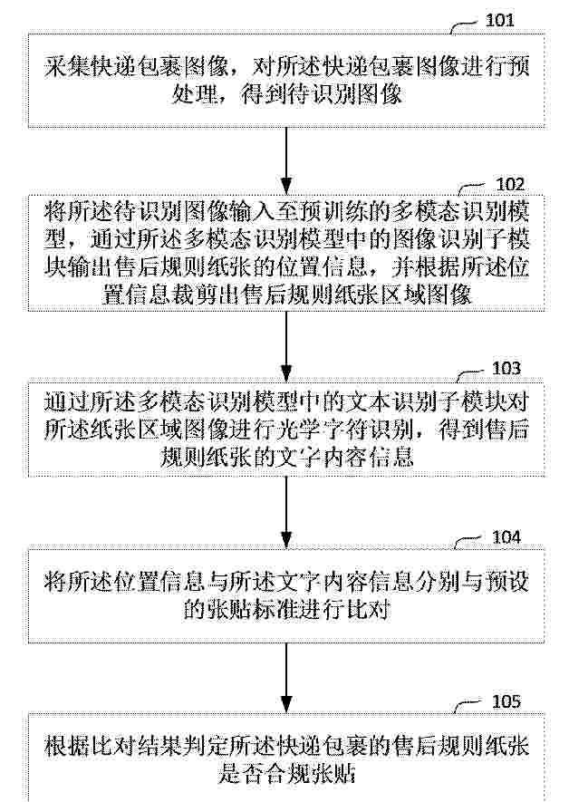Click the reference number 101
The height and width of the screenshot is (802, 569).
pyautogui.click(x=499, y=20)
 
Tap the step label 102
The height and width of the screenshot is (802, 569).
pyautogui.click(x=510, y=184)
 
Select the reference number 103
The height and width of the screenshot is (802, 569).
pyautogui.click(x=506, y=368)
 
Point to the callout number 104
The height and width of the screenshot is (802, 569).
pyautogui.click(x=506, y=537)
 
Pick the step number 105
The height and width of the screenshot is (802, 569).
pyautogui.click(x=506, y=701)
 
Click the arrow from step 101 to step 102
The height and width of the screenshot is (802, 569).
pyautogui.click(x=286, y=160)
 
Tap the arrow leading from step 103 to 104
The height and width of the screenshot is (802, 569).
pyautogui.click(x=286, y=513)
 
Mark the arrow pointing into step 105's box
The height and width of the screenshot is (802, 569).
pyautogui.click(x=286, y=677)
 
